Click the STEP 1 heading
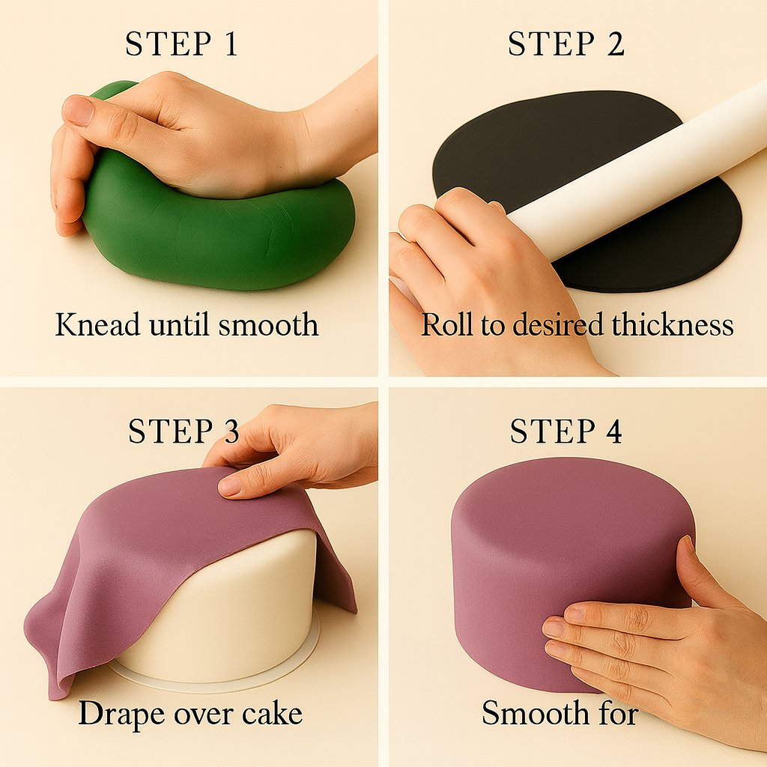tap(181, 43)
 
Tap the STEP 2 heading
tap(566, 43)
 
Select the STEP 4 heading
tap(566, 431)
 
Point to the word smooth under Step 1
tap(268, 324)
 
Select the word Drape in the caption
tap(122, 713)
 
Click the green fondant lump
tap(220, 234)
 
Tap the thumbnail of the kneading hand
tap(78, 110)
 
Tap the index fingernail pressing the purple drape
tap(230, 486)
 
